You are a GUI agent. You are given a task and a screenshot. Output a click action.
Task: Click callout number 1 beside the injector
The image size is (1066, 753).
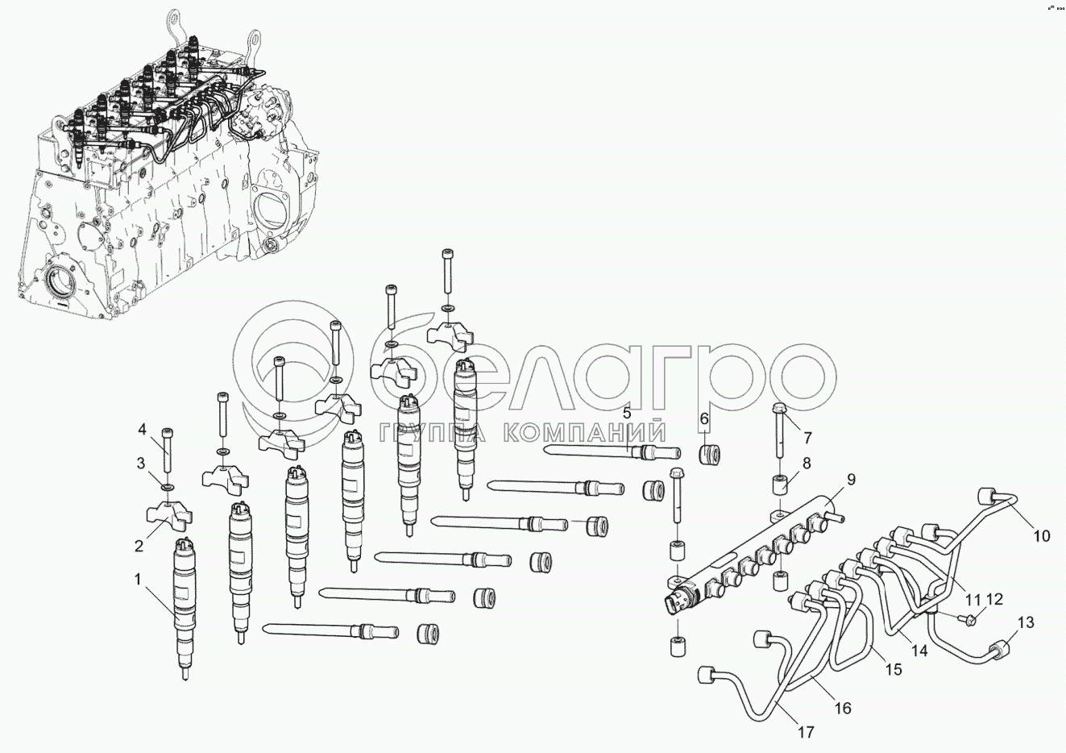coord(138,580)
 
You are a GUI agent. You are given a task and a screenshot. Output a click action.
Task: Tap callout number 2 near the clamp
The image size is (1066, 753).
coord(139,547)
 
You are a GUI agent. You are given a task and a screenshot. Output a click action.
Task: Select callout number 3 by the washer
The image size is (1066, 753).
coord(140,464)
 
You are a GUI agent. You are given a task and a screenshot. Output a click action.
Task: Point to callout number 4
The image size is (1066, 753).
coord(142,430)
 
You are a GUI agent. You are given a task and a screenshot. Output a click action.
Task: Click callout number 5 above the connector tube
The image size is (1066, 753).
coord(626,414)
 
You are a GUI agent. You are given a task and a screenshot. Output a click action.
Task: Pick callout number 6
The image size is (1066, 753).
coord(704,419)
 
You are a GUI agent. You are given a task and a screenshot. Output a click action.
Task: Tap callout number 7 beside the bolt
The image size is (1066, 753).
coord(807,437)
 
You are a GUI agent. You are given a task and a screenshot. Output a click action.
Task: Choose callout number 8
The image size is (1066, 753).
coord(807,463)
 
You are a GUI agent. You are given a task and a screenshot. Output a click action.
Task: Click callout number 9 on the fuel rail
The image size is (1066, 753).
coord(850,480)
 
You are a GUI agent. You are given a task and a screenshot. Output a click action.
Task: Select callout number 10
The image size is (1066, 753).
coord(1042,536)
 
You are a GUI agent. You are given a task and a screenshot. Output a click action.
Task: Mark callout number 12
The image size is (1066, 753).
coord(994,599)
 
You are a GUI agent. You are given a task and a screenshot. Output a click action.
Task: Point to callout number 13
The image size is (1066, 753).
coord(1026,622)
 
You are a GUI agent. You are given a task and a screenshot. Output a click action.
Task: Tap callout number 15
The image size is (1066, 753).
coord(894,670)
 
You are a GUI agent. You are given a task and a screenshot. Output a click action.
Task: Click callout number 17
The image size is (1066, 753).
coord(807,732)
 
